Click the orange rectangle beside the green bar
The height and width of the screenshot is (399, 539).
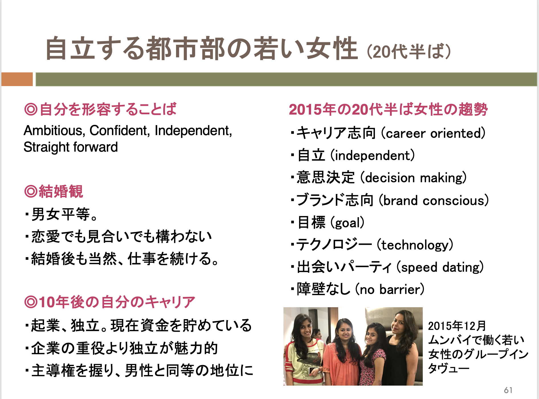coord(17,79)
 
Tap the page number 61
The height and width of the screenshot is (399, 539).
coord(508,390)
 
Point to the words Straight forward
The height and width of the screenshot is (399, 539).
coord(71,147)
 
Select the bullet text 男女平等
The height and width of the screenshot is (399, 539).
coord(61,214)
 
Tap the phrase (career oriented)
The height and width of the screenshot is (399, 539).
coord(433,133)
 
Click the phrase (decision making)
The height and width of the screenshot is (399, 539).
coord(413,178)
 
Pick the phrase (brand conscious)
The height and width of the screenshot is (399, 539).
coord(434,200)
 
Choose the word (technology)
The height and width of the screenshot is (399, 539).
coord(415,245)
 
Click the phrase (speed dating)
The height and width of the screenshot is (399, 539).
coord(440,267)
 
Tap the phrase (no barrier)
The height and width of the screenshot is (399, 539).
coord(390,289)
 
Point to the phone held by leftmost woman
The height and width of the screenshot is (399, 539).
coord(313,371)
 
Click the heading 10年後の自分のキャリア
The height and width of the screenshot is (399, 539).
coord(110,302)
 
